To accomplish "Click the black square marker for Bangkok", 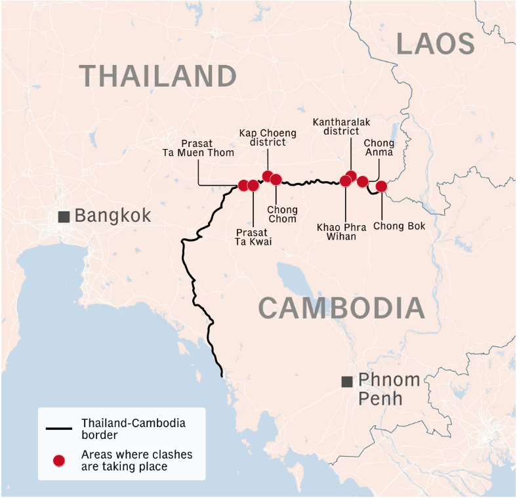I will coord(64,217).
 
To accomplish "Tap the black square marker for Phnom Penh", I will coord(347,382).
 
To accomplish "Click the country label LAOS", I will coord(435,44).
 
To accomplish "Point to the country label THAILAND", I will coord(158,76).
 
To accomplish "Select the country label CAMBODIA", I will coord(341,308).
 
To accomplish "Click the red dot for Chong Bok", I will coord(381,186).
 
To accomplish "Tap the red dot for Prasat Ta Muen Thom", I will coord(243,185).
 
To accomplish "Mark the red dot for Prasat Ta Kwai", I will coord(253,186).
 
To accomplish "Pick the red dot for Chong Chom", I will coord(276,179).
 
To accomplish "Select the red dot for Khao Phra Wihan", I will coord(345,181).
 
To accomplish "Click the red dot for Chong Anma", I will coord(362,181).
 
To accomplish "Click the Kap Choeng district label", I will coord(268,138).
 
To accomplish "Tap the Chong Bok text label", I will coord(399,226).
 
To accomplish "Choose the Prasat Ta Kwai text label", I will coord(253,237).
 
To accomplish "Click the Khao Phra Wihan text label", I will coord(341,232).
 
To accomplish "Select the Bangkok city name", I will coord(113,215).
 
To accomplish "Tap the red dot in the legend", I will coord(59,461).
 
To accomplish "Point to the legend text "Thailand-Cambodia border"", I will coord(133,428).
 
